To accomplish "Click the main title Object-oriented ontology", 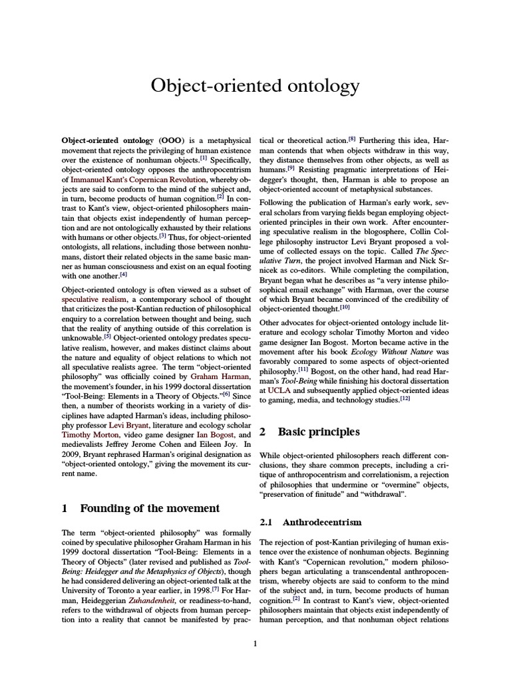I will [x=255, y=86].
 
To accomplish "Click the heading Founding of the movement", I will [x=150, y=508].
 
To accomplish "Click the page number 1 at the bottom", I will [x=255, y=643].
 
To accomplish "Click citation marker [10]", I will [x=345, y=307].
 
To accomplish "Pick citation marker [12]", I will [x=405, y=400].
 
